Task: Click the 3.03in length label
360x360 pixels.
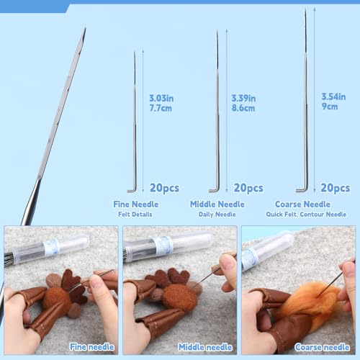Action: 161,98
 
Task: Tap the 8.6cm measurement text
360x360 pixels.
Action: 243,108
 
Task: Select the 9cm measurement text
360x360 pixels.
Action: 330,107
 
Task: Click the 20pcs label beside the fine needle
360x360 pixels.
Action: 164,188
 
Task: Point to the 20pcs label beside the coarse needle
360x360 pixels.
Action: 336,188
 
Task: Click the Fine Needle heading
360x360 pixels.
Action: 136,204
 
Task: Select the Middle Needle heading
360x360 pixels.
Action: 217,204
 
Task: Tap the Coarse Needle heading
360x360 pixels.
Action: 302,204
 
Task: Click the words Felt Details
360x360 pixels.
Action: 135,215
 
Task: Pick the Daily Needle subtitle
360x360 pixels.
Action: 217,215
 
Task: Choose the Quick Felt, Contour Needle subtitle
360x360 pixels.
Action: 306,215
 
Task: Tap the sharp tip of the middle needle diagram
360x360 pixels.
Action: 217,31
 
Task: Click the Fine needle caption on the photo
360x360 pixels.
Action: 91,347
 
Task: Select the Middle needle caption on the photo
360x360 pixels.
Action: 205,347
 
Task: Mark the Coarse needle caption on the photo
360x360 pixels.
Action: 322,347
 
